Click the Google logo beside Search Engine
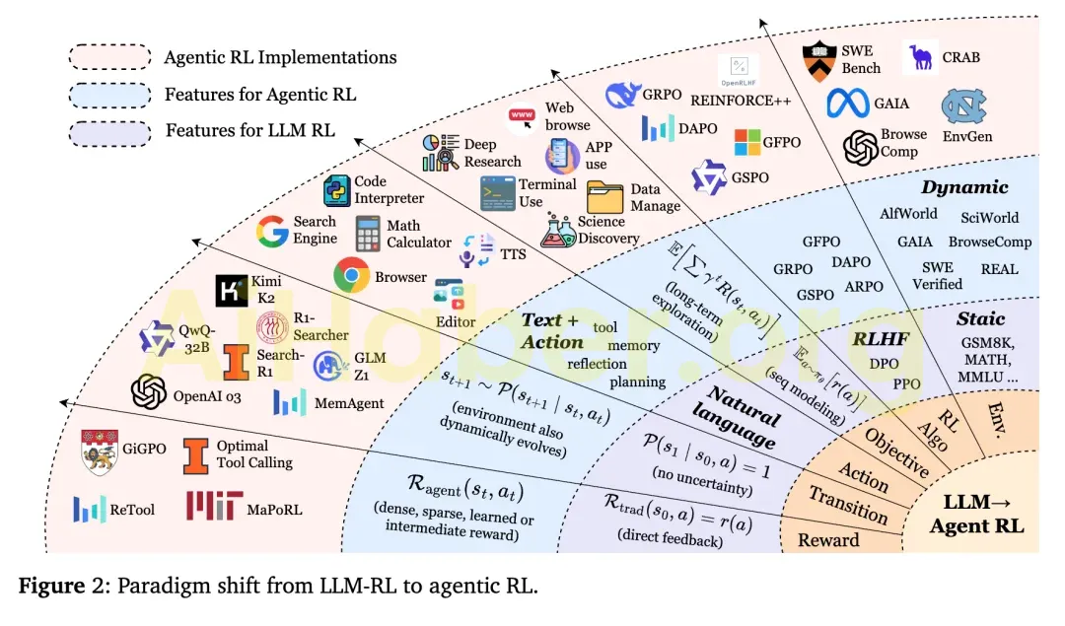click(272, 231)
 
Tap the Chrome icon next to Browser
click(351, 276)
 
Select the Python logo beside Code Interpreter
click(339, 190)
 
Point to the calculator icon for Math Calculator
click(369, 234)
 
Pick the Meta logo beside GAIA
click(850, 103)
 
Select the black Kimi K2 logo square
click(231, 291)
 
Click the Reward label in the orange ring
click(828, 539)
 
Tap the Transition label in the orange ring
click(847, 505)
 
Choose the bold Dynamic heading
click(964, 187)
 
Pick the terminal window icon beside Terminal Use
click(498, 193)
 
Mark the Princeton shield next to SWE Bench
click(818, 61)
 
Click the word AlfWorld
click(907, 214)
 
